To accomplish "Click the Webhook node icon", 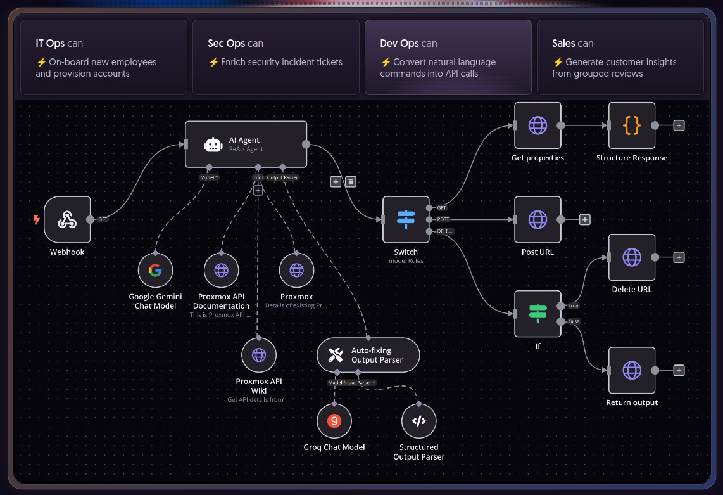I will click(x=67, y=219).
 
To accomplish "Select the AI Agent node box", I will click(x=246, y=145).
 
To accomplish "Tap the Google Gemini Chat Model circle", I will click(x=155, y=271).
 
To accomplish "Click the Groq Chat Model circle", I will click(x=334, y=421).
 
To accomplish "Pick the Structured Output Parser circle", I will click(x=418, y=421).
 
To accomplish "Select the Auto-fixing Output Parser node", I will click(x=368, y=355).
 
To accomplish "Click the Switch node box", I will click(x=406, y=219).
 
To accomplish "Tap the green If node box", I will click(x=538, y=314).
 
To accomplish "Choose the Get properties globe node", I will click(x=538, y=125).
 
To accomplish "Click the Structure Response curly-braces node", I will click(x=631, y=125).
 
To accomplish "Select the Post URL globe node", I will click(x=538, y=219).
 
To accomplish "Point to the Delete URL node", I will click(x=631, y=257).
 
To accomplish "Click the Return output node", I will click(x=631, y=370).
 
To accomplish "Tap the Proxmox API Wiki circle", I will click(x=259, y=355).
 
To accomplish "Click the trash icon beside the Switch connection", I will click(x=351, y=182).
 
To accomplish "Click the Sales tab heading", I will click(x=572, y=44).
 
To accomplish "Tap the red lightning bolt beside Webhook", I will click(x=37, y=220).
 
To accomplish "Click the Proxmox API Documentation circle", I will click(x=221, y=271).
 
